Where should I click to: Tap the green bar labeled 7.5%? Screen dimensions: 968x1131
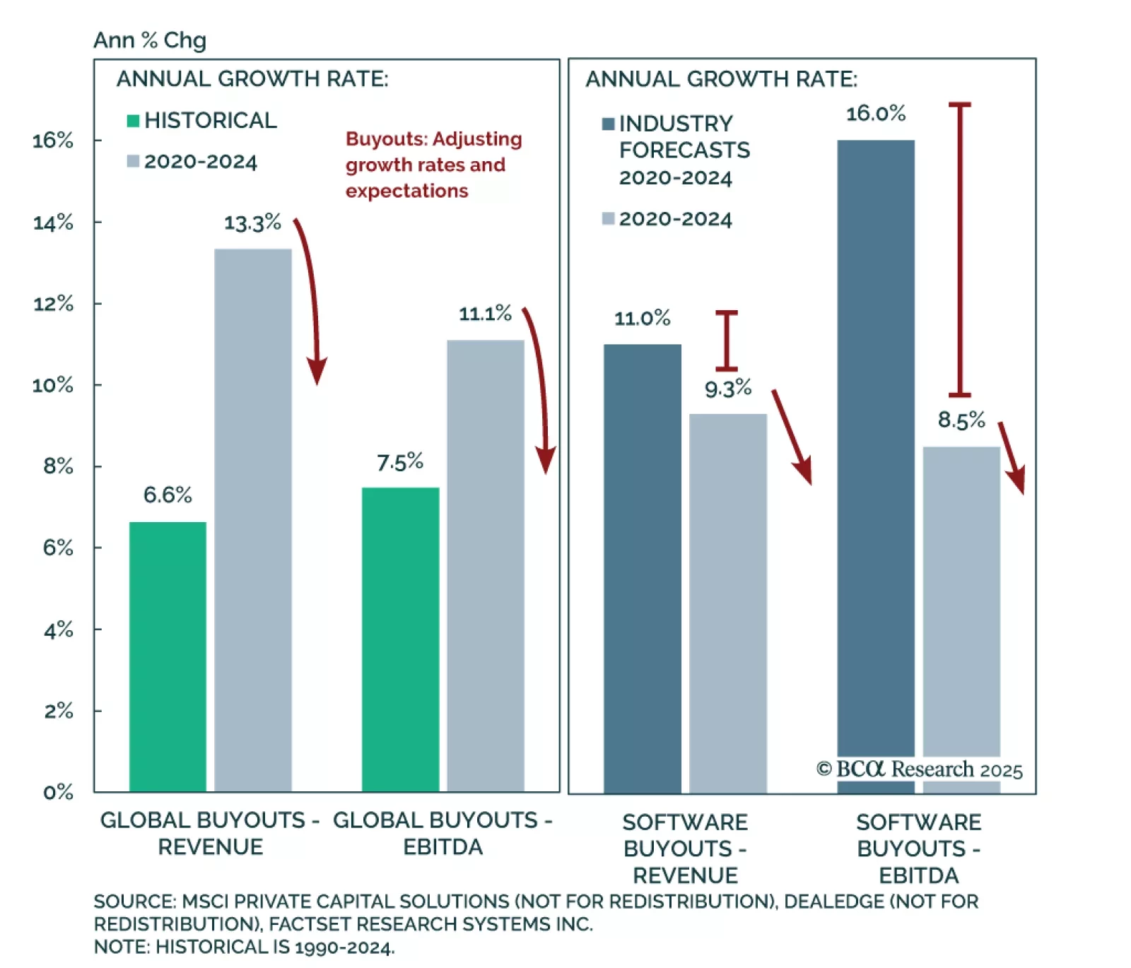coord(400,639)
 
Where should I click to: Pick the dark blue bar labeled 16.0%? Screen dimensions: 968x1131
coord(875,466)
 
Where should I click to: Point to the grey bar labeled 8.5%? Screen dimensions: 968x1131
coord(961,601)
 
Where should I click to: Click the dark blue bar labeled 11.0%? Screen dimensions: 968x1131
coord(642,568)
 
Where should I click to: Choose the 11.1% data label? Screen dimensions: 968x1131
coord(485,313)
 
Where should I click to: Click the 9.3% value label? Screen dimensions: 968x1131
coord(727,388)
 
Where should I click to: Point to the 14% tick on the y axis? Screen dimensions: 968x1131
coord(53,223)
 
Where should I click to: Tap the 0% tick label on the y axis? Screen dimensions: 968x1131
coord(58,792)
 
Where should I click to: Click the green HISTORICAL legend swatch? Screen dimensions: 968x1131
coord(133,121)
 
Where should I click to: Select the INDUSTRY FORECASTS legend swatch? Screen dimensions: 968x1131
coord(608,124)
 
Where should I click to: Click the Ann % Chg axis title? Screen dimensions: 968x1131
coord(150,40)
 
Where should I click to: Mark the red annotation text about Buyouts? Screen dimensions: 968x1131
coord(433,165)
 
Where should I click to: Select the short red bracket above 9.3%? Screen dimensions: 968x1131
coord(726,341)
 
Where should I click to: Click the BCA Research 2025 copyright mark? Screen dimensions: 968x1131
coord(919,769)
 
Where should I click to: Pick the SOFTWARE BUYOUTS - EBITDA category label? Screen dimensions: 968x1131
coord(918,849)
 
